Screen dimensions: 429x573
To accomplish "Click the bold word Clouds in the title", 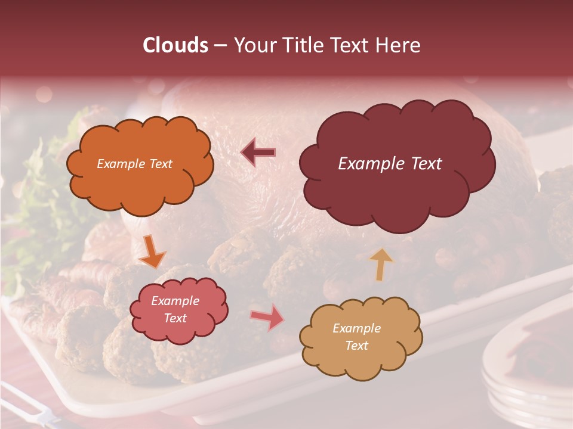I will [175, 45].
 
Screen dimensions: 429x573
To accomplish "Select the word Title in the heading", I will [303, 45].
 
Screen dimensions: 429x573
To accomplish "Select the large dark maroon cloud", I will [396, 164].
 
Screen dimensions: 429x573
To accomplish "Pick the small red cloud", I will [178, 310].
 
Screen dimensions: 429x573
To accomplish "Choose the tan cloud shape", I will [360, 337].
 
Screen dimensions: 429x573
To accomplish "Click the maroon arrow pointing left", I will [258, 153].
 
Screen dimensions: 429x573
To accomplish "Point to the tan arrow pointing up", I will [381, 264].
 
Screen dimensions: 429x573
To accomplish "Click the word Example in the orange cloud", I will [121, 164].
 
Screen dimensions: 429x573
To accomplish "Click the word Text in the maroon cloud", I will [425, 164].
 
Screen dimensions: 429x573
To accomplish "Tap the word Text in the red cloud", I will [175, 319].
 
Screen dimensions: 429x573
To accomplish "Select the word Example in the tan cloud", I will [356, 328].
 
